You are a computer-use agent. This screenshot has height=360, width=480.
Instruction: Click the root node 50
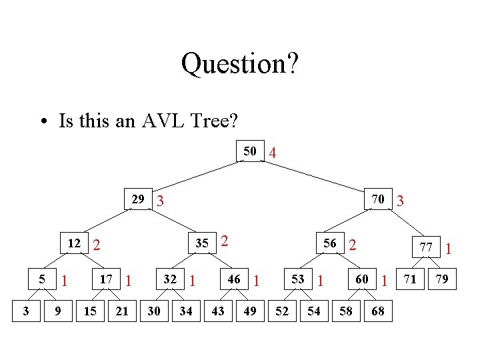[x=250, y=151]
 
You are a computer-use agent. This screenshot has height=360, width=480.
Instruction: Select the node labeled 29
[x=138, y=199]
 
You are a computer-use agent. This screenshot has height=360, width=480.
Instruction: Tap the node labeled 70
[x=377, y=199]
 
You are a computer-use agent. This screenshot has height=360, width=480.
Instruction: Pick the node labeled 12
[x=75, y=243]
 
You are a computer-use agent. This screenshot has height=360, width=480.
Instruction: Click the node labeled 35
[x=204, y=243]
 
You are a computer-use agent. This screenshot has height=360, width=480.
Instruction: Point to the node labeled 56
[x=330, y=243]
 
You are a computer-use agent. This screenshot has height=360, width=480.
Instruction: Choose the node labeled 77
[x=426, y=247]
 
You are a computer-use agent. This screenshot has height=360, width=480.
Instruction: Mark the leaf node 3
[x=26, y=311]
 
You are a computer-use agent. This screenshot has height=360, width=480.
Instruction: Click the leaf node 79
[x=442, y=279]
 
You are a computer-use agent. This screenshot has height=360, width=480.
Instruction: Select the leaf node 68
[x=377, y=311]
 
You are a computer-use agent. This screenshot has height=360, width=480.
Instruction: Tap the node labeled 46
[x=235, y=279]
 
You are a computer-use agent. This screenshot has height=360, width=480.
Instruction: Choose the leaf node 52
[x=282, y=311]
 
